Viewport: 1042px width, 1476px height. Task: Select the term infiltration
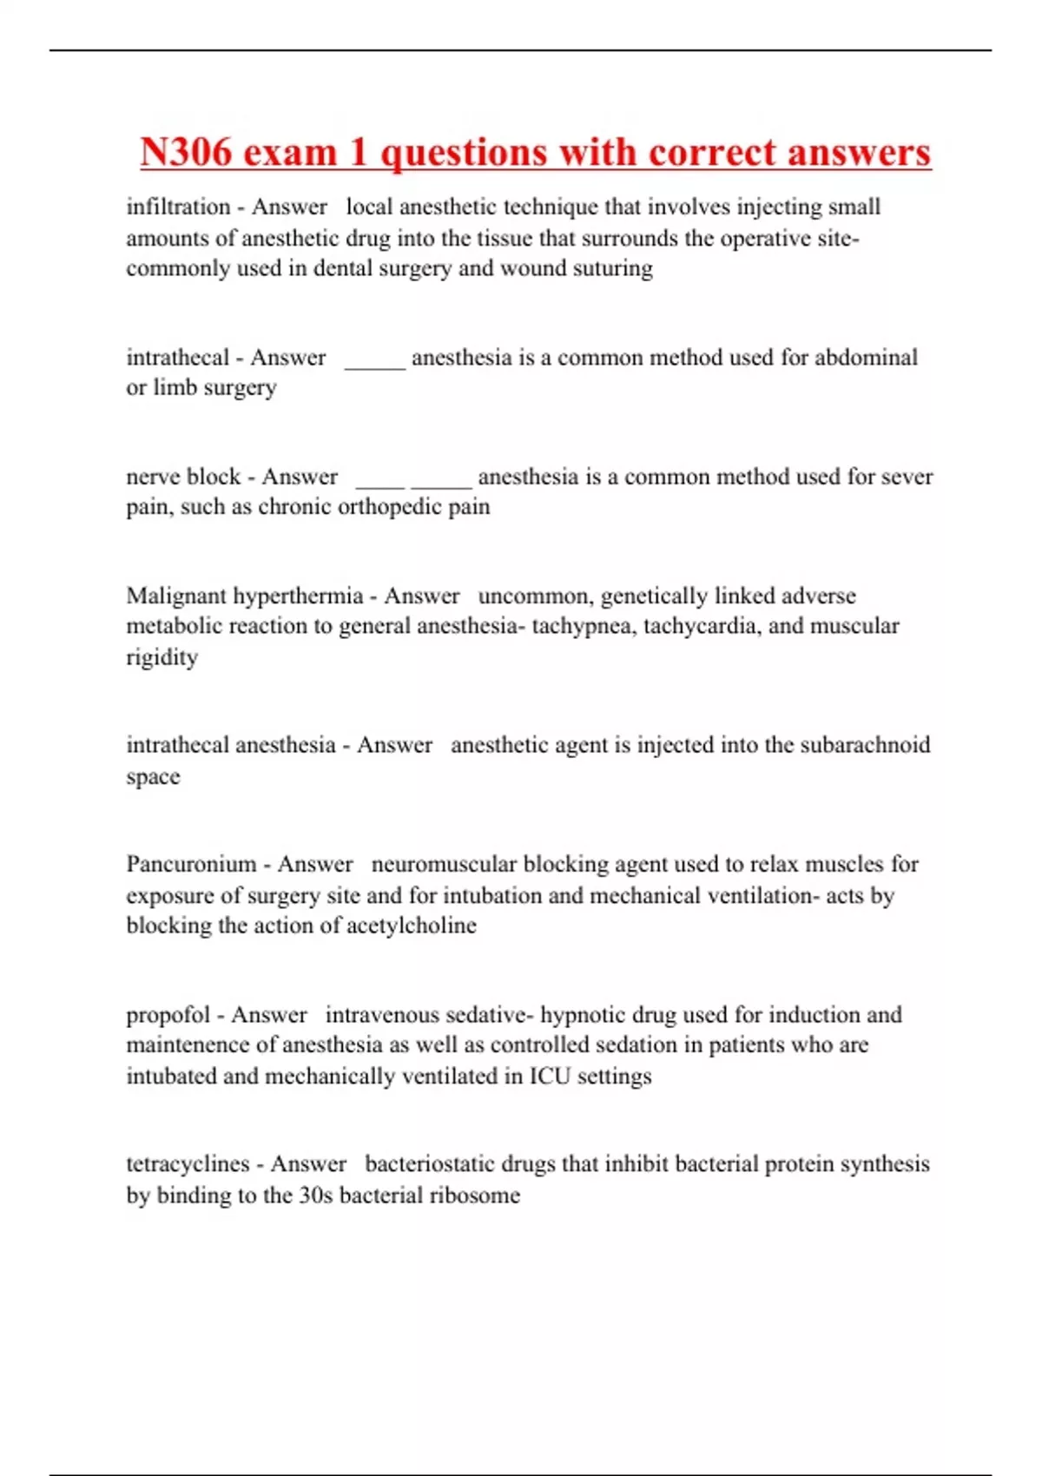[x=178, y=207]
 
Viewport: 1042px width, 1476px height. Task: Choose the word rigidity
[x=162, y=657]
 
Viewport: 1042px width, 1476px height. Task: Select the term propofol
[x=168, y=1015]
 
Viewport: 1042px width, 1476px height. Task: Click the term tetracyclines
[x=188, y=1163]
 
